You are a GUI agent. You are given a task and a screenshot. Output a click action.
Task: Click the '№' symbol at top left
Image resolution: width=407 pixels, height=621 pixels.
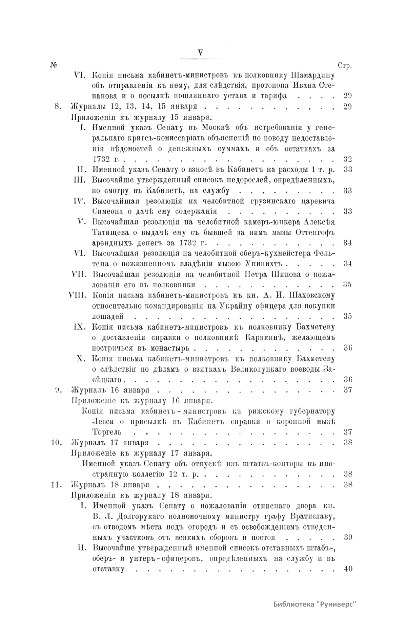53,65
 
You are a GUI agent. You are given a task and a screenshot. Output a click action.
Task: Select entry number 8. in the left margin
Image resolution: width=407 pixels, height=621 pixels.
57,107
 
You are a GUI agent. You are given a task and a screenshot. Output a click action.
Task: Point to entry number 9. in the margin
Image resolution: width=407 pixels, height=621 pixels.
57,390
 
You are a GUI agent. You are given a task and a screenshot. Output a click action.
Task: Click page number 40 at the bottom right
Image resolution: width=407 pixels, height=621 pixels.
348,569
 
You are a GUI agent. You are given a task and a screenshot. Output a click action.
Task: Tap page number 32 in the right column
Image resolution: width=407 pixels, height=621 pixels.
348,159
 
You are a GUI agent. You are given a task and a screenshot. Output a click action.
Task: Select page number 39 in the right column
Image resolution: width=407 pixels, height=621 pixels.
348,537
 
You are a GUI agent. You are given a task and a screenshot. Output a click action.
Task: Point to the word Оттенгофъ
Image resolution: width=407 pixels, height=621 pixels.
315,232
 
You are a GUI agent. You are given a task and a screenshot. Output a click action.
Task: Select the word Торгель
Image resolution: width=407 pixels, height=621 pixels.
107,432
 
